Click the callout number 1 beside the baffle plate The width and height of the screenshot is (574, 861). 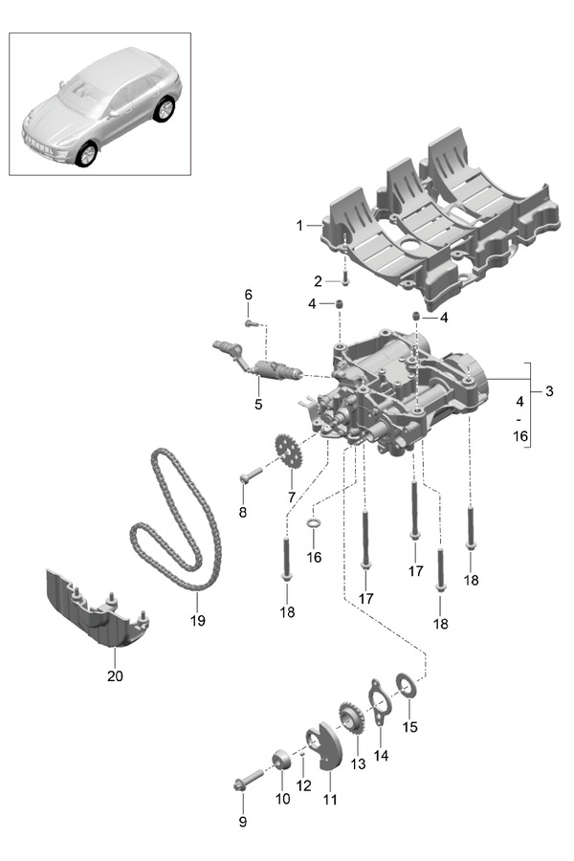pyautogui.click(x=299, y=226)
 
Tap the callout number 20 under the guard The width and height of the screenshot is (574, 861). pyautogui.click(x=115, y=676)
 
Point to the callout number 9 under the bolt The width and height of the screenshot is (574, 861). pyautogui.click(x=241, y=822)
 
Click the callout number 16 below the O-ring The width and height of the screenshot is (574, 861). pyautogui.click(x=314, y=557)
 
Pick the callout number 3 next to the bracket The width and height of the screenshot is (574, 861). pyautogui.click(x=548, y=391)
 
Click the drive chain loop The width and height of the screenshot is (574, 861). pyautogui.click(x=177, y=521)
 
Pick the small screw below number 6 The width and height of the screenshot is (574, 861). pyautogui.click(x=252, y=324)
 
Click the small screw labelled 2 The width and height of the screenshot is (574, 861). pyautogui.click(x=344, y=281)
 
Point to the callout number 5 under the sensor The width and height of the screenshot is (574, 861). pyautogui.click(x=257, y=405)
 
